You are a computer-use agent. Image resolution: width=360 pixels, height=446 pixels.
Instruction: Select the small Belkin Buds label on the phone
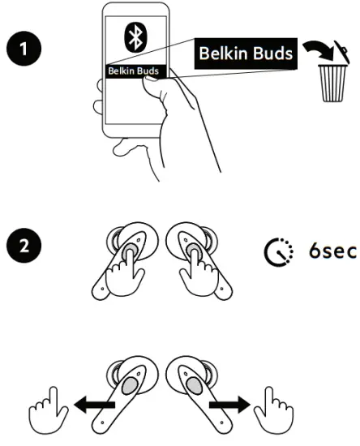[134, 71]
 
